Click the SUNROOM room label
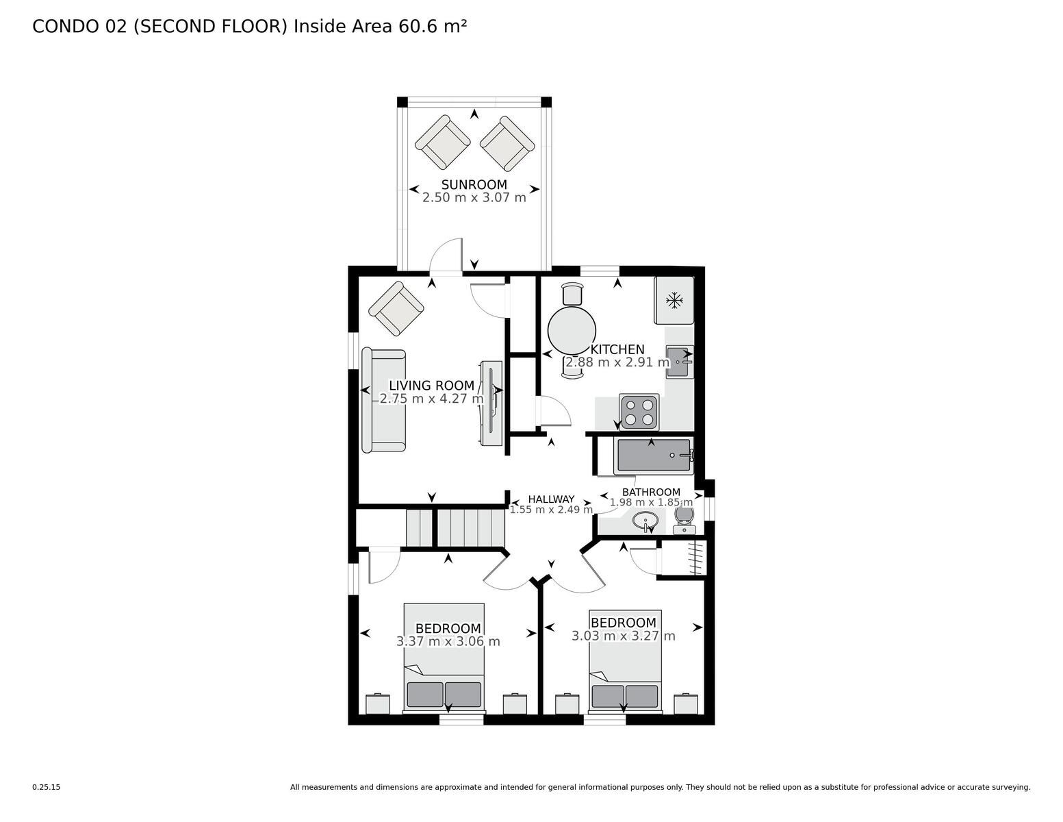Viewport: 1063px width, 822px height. click(474, 184)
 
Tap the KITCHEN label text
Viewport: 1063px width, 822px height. click(617, 349)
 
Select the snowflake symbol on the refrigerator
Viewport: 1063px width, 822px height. click(674, 300)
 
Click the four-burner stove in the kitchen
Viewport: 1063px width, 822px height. click(639, 412)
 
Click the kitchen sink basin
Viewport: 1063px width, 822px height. click(679, 362)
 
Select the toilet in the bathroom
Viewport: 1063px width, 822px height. click(684, 519)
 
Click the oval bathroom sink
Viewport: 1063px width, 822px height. click(645, 521)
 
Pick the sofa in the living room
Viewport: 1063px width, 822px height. click(383, 401)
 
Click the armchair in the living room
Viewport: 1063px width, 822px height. click(396, 308)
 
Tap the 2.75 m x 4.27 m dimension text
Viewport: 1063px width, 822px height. click(431, 399)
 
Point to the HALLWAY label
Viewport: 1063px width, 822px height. click(551, 499)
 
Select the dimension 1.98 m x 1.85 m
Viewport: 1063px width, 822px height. click(651, 502)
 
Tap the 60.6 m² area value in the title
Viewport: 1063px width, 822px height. click(433, 27)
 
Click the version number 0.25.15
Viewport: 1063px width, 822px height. click(47, 787)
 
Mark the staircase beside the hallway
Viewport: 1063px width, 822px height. click(455, 527)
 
